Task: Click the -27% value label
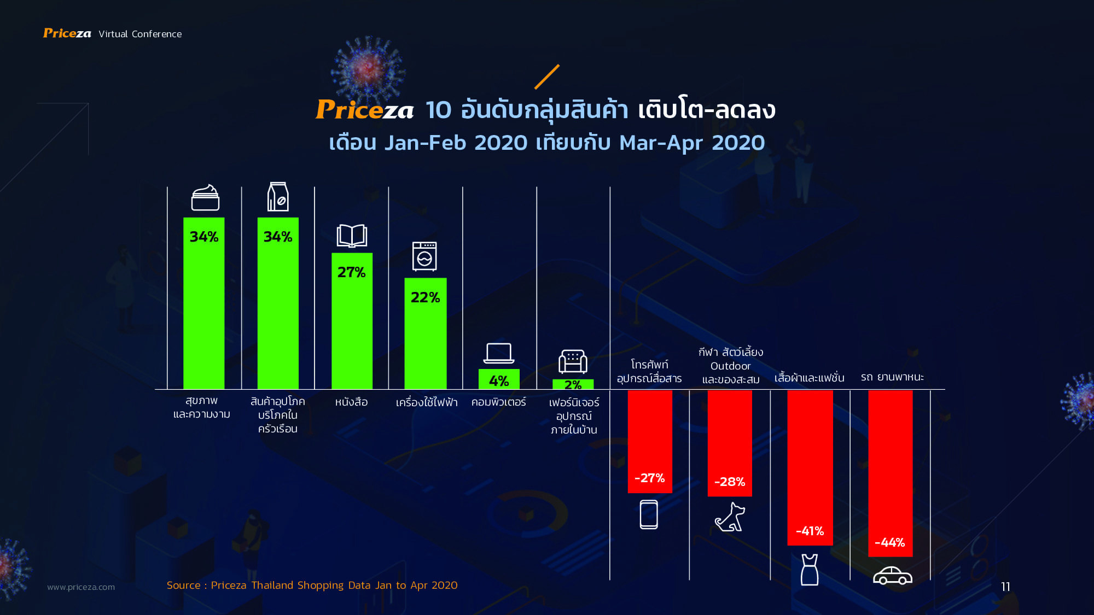pos(649,478)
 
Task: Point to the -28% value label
pos(730,482)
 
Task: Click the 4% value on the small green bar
pos(499,380)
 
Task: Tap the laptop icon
pos(499,353)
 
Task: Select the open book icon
pos(352,236)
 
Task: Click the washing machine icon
pos(425,256)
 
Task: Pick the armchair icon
pos(573,361)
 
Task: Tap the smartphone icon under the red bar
pos(649,514)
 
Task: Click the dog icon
pos(730,517)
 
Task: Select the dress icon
pos(810,570)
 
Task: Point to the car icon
pos(892,576)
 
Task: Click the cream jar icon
pos(205,198)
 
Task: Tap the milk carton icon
pos(278,197)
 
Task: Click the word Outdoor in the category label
pos(730,366)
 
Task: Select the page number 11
pos(1005,587)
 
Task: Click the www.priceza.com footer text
pos(81,587)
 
